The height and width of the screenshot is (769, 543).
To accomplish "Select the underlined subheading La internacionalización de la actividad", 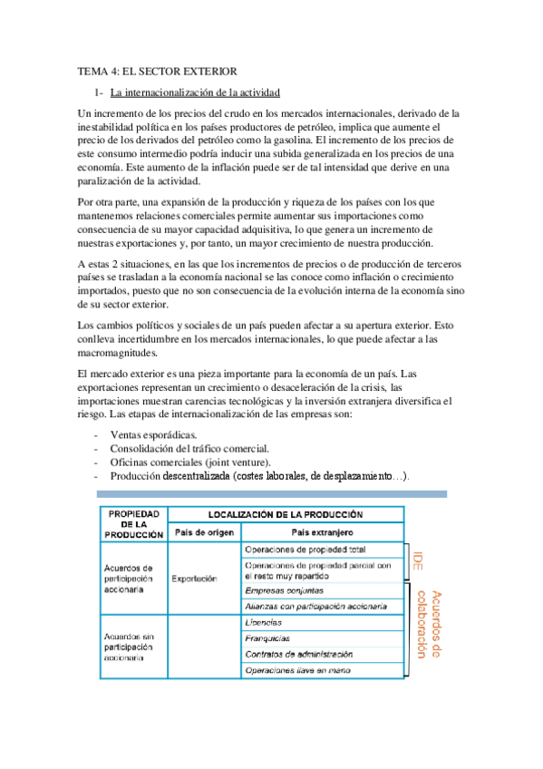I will click(x=195, y=92).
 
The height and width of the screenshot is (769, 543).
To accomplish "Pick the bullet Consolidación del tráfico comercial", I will click(x=189, y=449).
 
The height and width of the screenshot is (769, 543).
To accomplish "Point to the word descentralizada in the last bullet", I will click(x=196, y=476).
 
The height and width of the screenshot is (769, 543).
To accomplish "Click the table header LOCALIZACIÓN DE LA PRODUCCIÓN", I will click(x=286, y=513).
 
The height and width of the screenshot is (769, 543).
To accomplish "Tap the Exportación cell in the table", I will click(x=195, y=578).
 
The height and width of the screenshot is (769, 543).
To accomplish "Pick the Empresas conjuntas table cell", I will click(x=286, y=589).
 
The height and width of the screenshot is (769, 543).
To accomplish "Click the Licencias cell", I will click(x=265, y=622).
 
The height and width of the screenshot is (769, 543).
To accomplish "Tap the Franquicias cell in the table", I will click(x=269, y=638).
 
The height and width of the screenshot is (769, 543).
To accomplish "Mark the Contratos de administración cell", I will click(x=299, y=654).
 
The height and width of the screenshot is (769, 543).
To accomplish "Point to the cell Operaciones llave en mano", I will click(x=296, y=670).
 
